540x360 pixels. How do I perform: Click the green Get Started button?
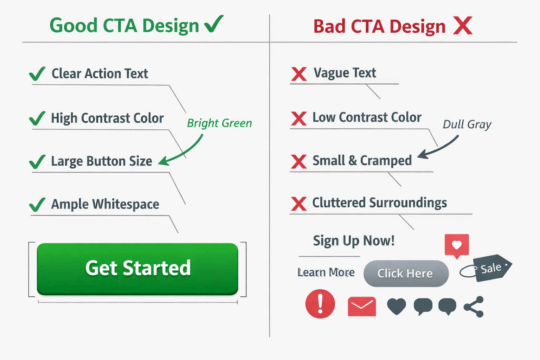(137, 269)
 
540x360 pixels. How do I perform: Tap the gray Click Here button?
(406, 274)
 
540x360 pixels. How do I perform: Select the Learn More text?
(326, 272)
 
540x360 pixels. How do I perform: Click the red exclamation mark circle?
(320, 304)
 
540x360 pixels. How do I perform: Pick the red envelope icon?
(362, 306)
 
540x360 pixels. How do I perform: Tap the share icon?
(474, 307)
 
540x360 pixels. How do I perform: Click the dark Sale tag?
(491, 268)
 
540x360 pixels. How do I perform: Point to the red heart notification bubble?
(456, 245)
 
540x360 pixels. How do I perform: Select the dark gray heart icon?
(396, 306)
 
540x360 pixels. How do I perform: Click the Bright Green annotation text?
(219, 123)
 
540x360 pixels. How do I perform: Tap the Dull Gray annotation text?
(467, 124)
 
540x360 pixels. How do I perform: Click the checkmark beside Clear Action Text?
(37, 74)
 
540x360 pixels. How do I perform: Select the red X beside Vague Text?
(299, 74)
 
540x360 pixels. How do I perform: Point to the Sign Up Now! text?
(353, 241)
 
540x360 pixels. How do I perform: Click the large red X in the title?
(463, 26)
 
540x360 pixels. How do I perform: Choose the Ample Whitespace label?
(105, 204)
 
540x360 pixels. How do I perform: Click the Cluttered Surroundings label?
(379, 203)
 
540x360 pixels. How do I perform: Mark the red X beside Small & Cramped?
(299, 161)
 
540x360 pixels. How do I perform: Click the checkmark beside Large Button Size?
(37, 162)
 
